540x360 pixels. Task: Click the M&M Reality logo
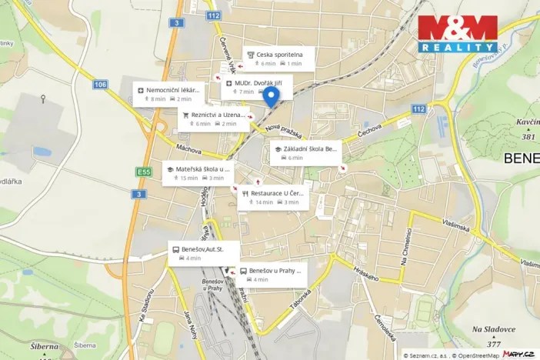tap(457, 34)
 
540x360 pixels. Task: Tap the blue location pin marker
tap(270, 96)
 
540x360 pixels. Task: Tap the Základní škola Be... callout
tap(305, 152)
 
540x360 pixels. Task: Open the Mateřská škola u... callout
tap(198, 173)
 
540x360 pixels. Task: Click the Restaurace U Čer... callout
tap(272, 198)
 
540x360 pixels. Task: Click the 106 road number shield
tap(100, 84)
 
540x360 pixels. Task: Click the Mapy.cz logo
tap(518, 353)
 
